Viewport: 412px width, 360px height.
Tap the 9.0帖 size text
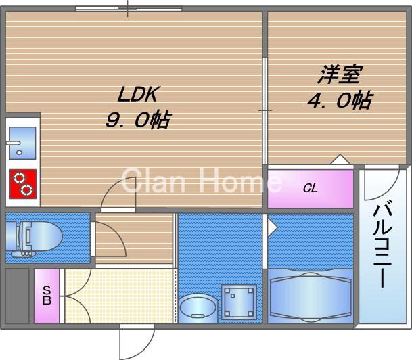(x=137, y=120)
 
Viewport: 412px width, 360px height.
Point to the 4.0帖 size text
(x=339, y=101)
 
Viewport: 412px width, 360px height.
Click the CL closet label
(x=310, y=188)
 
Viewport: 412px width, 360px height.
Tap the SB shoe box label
(x=47, y=296)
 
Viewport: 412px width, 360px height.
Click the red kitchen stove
(x=23, y=183)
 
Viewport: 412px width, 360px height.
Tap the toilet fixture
(x=37, y=238)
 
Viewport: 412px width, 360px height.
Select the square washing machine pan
(x=239, y=301)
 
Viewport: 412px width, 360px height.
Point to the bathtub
(x=311, y=296)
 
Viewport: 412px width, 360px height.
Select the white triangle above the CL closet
(x=340, y=160)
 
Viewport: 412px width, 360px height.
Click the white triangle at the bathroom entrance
(x=271, y=226)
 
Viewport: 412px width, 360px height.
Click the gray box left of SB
(x=18, y=296)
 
